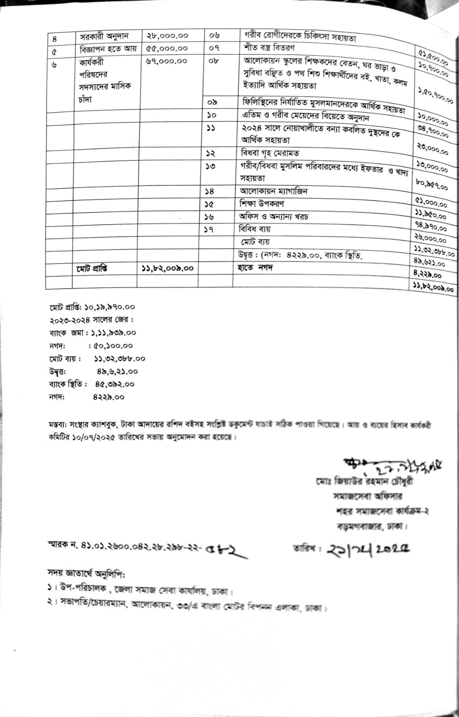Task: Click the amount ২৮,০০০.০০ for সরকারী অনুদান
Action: [167, 35]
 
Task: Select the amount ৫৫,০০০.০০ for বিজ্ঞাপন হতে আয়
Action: [167, 48]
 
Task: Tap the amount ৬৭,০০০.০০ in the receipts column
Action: [166, 61]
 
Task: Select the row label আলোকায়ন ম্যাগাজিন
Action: [273, 191]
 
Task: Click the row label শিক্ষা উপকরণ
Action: [262, 204]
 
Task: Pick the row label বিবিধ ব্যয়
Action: [255, 229]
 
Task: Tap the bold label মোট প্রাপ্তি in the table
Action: [91, 268]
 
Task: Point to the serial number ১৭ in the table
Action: [209, 229]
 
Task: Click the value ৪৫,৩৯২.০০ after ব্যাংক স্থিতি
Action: [114, 384]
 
